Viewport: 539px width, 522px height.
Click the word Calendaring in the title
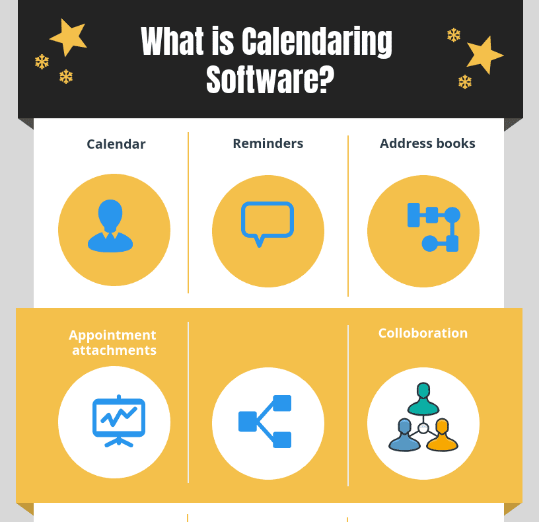coord(316,43)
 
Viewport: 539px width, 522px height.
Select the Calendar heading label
coord(116,144)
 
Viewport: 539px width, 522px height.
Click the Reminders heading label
coord(268,143)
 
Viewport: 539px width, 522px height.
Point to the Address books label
coord(427,143)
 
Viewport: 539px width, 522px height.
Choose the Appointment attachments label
coord(113,342)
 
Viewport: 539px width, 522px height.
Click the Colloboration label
coord(423,333)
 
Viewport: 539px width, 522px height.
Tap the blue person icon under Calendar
coord(110,226)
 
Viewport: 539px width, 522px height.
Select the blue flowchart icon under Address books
coord(433,227)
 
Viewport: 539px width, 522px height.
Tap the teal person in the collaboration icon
coord(423,399)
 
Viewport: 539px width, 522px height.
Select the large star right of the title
coord(484,55)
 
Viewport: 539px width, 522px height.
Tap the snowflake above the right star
coord(453,35)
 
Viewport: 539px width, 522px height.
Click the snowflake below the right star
coord(465,82)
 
